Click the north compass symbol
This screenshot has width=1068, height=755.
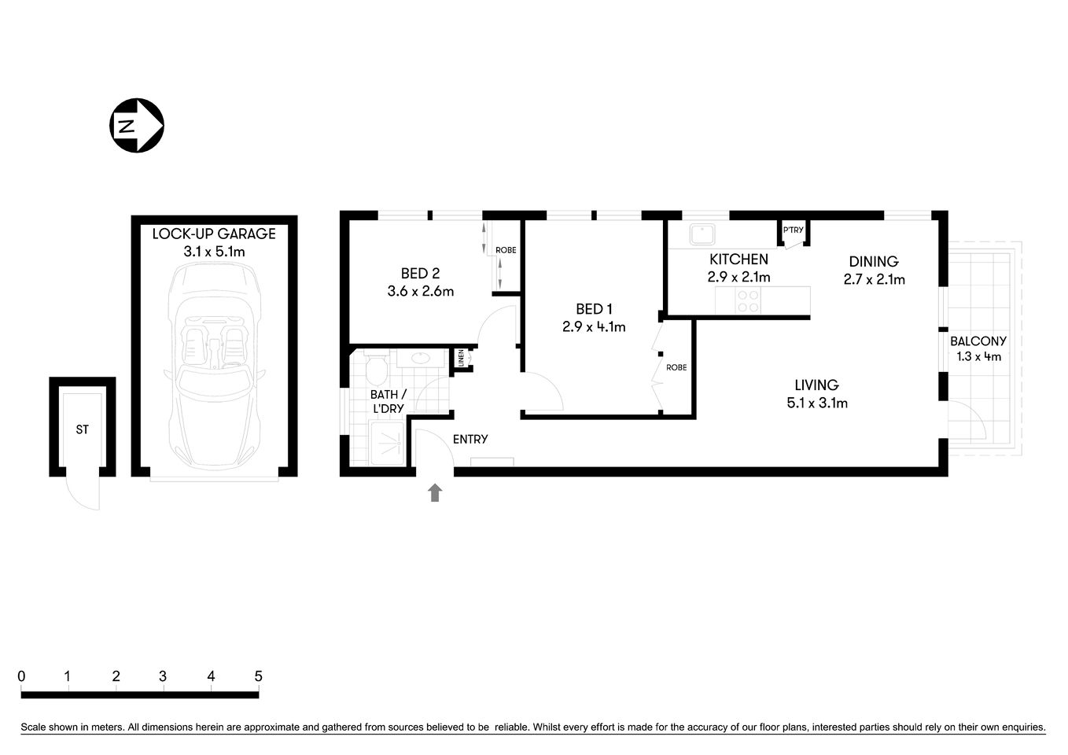[135, 125]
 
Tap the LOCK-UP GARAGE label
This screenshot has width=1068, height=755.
[214, 234]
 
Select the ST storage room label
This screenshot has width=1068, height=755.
[83, 429]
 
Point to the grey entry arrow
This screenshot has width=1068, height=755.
[435, 493]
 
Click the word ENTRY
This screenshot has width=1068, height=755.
[470, 439]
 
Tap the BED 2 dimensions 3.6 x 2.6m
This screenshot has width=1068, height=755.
[420, 291]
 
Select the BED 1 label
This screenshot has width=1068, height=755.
[594, 309]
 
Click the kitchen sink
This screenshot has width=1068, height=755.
[699, 234]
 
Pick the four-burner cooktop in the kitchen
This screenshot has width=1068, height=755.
[747, 301]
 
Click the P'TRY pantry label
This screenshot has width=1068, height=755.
[793, 230]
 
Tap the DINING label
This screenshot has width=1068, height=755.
[873, 261]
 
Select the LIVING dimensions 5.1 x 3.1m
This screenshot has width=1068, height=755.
[816, 403]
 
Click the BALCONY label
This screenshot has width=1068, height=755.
[978, 341]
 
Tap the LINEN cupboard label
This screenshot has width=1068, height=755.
[461, 359]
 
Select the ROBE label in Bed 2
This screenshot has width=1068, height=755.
[506, 250]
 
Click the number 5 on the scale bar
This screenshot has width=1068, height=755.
[258, 676]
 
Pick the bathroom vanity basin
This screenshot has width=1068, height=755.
[423, 358]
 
